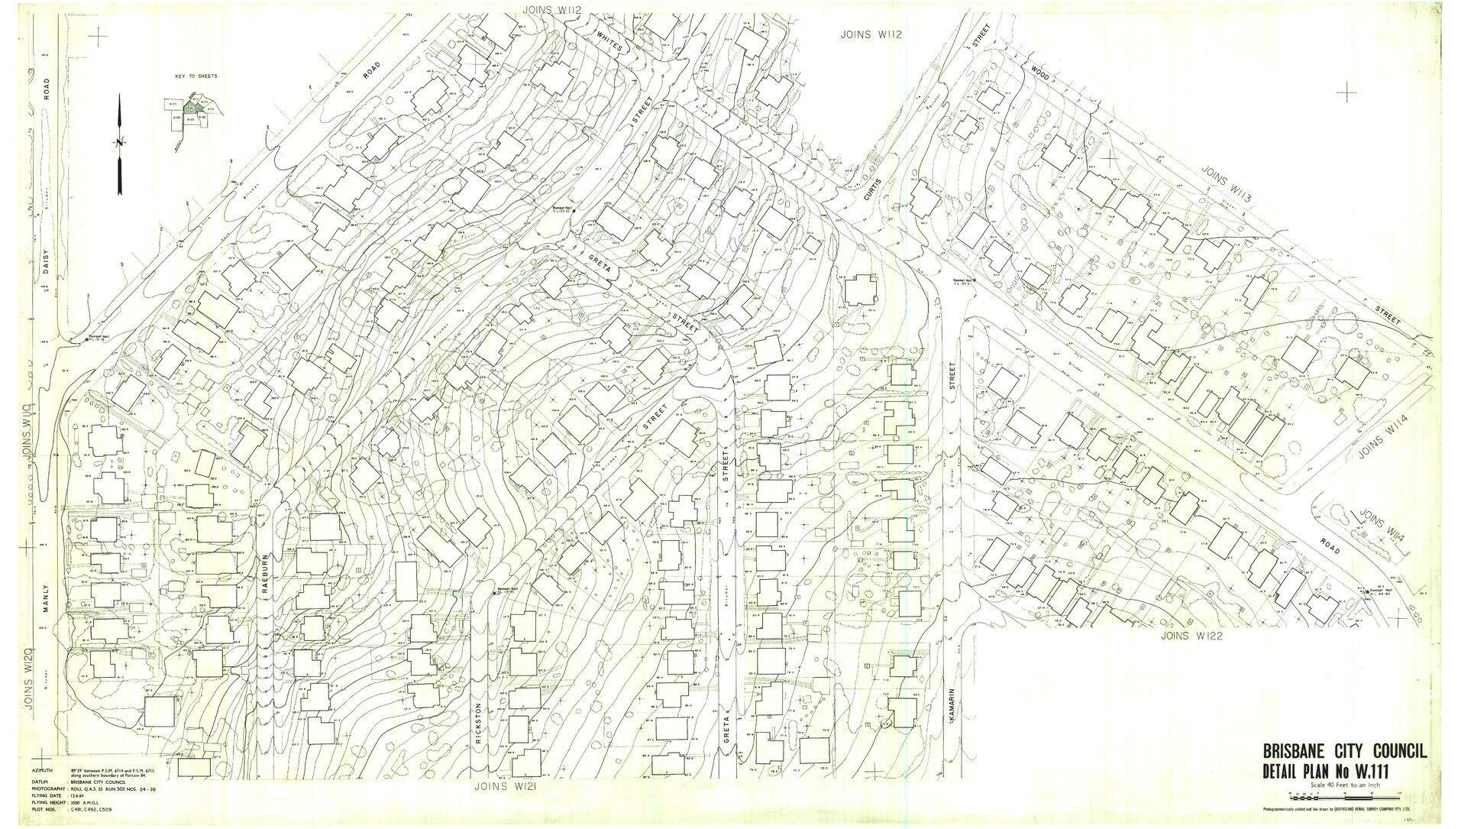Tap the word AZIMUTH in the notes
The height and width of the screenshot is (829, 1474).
(x=43, y=771)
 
